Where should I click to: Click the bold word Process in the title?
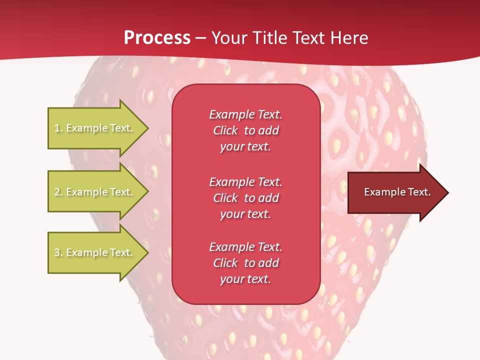[157, 38]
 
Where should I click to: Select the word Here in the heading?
[349, 38]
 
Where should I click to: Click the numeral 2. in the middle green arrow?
[58, 192]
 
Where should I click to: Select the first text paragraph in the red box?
[245, 130]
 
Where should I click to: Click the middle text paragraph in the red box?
[245, 198]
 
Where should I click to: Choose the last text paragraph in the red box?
[245, 263]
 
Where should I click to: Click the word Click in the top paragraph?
[225, 130]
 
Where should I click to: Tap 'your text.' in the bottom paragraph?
[245, 279]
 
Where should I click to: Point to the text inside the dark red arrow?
[397, 192]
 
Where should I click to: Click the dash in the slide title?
[201, 38]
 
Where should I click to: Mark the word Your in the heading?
[230, 38]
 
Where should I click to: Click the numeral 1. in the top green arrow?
[58, 128]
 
